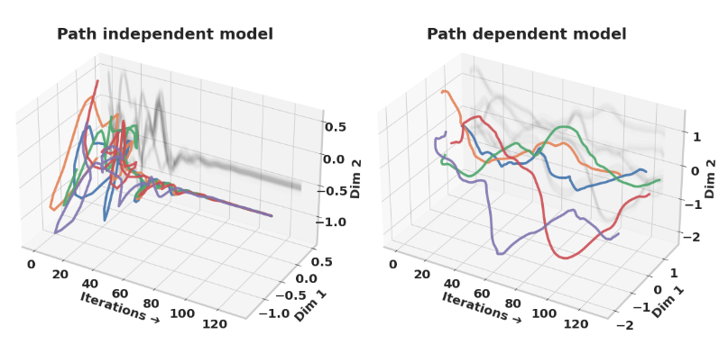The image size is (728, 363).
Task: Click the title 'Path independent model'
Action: [165, 34]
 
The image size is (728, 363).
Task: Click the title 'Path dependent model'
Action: [526, 34]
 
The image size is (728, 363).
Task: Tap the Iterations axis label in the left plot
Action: [119, 307]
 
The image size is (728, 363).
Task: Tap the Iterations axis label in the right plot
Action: [480, 307]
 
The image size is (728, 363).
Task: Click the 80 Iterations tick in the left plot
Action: [152, 303]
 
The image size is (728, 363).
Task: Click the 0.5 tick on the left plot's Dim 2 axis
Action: [336, 127]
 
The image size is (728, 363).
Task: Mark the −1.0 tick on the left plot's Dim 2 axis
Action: [333, 222]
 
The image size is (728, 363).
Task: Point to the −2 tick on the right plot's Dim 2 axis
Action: [693, 237]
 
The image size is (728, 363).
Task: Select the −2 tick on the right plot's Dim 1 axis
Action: [623, 324]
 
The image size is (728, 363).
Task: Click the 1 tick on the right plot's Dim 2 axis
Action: [696, 136]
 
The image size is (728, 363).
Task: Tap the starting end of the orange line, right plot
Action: [442, 91]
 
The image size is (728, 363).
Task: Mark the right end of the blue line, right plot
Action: [646, 170]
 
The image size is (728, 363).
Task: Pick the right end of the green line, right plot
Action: [659, 180]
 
